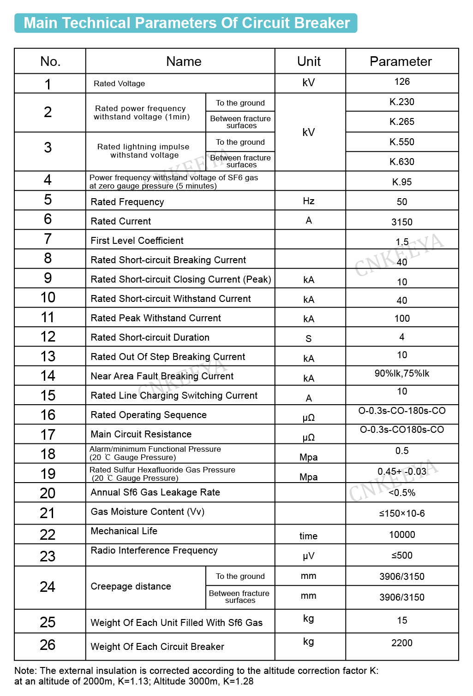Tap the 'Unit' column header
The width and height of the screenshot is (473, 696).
click(309, 61)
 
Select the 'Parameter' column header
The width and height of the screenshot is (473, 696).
click(401, 61)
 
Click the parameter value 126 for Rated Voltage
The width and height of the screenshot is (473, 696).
click(402, 82)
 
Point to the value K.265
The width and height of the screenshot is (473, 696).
click(402, 122)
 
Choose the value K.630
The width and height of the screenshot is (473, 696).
click(402, 162)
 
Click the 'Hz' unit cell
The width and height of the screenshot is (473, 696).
click(309, 201)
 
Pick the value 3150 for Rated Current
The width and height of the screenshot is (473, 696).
click(402, 222)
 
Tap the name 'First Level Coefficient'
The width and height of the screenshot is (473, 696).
click(137, 241)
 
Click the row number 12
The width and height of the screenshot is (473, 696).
click(48, 337)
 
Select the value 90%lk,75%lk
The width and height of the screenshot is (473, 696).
click(402, 373)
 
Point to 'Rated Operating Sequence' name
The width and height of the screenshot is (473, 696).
click(149, 415)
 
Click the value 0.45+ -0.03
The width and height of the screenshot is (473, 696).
click(402, 472)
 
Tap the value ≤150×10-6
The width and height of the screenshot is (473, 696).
click(402, 513)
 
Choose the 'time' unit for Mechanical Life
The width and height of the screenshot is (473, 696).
click(308, 536)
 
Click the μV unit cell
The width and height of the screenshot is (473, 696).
click(308, 556)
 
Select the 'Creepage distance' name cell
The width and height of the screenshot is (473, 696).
click(131, 586)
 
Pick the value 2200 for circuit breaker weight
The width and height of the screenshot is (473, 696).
click(402, 643)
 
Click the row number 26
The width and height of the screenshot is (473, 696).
click(48, 645)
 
